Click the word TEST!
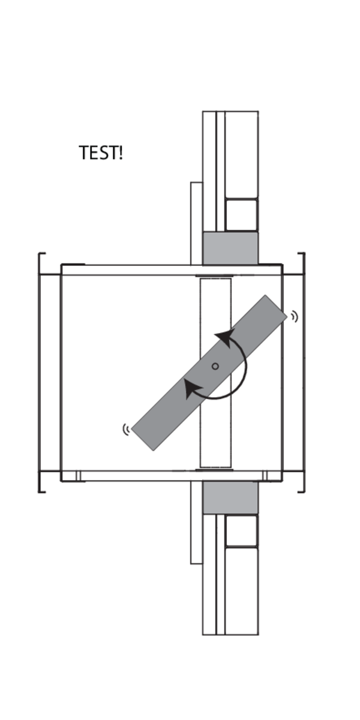(x=100, y=153)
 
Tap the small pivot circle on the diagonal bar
(x=215, y=366)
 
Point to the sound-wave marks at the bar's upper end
(x=294, y=316)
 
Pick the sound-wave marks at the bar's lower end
(x=126, y=429)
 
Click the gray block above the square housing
(x=230, y=248)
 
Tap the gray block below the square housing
(x=230, y=497)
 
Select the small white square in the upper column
(x=241, y=215)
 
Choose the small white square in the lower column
(x=241, y=530)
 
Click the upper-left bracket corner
(x=40, y=255)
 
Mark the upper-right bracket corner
(x=303, y=255)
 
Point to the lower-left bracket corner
(x=40, y=491)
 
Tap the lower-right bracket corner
(x=303, y=491)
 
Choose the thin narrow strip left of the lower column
(x=196, y=522)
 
